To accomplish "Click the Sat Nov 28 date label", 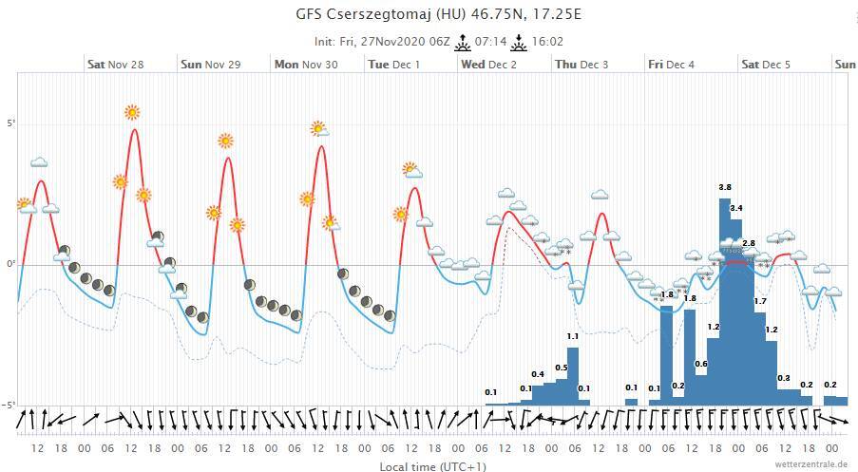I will [115, 65].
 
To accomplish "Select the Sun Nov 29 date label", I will [210, 65].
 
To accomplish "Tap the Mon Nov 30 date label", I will [305, 65].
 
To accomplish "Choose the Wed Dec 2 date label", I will [488, 65].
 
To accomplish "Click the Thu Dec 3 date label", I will [582, 65].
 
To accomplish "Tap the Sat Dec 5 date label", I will [766, 65].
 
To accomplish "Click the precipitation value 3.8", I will [725, 187].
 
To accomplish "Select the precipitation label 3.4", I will [736, 208].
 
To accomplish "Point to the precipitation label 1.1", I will [573, 336].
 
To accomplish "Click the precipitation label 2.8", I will [749, 244].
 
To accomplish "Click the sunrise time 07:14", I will [490, 42].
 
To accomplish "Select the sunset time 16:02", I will [548, 42].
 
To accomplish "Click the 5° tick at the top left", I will [12, 124].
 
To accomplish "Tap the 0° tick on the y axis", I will [12, 264].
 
